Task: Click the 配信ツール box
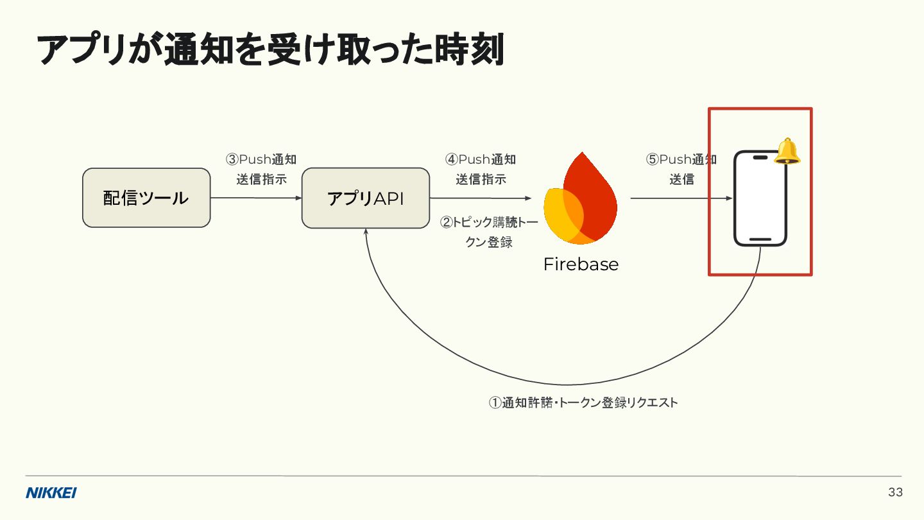point(146,198)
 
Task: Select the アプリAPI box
point(365,198)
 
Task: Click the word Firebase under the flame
point(581,264)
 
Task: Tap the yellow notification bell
point(788,152)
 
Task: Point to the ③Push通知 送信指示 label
point(261,169)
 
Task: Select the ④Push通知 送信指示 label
point(481,169)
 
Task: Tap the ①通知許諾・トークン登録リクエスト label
point(583,403)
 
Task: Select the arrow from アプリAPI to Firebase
point(481,198)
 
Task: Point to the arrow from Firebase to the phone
point(681,198)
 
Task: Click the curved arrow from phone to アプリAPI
point(565,384)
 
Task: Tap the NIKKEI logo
point(51,493)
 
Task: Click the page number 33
point(895,492)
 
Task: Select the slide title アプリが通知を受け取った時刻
point(270,49)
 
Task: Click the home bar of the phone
point(760,239)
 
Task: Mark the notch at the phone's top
point(760,157)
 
